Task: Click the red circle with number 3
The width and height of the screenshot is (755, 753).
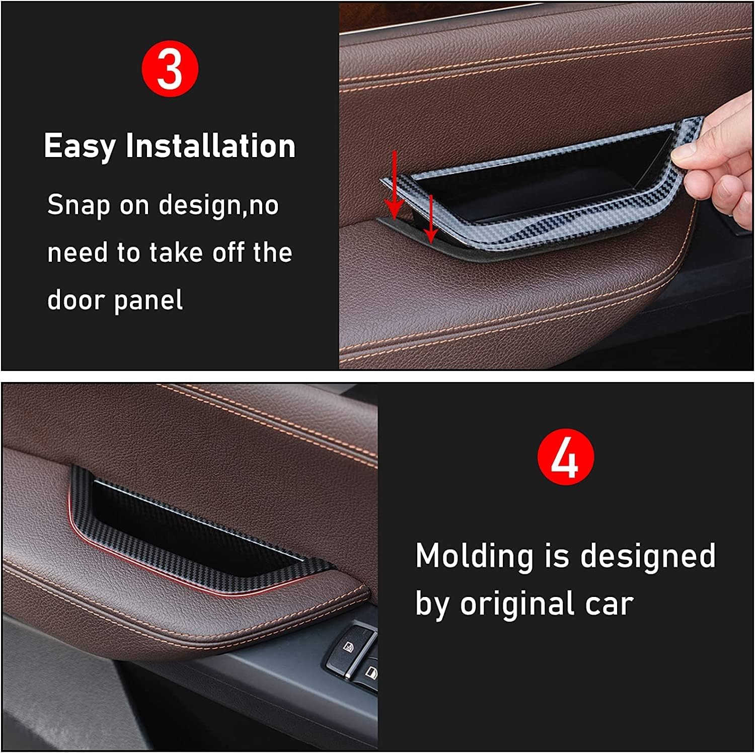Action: pos(170,69)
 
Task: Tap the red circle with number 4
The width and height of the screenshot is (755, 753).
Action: pos(565,457)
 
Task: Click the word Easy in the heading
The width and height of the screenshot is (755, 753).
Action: pos(80,146)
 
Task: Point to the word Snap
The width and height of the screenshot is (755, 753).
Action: pos(79,205)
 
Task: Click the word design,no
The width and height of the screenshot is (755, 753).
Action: pos(218,205)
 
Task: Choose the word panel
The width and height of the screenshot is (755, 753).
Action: pos(148,300)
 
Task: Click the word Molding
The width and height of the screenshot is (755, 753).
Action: pos(474,556)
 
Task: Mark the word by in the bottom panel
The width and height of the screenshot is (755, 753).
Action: pos(431,604)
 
